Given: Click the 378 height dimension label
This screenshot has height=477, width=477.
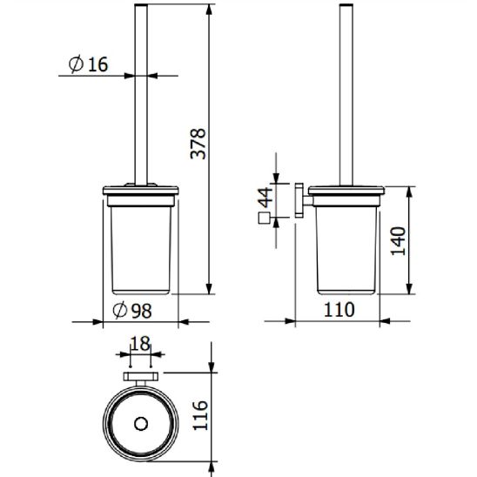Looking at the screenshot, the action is (198, 144).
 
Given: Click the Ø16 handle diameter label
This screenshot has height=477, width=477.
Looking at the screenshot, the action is (88, 64).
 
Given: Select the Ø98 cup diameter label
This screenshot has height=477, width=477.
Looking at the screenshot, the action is (132, 310).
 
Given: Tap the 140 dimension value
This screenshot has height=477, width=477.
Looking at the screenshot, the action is (398, 241).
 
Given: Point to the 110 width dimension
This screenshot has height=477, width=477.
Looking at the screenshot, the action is (339, 310).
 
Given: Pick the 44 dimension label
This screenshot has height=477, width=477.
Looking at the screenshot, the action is (265, 198).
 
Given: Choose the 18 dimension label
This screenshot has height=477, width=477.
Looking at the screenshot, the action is (140, 344).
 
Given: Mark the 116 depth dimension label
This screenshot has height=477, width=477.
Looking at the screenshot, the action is (200, 415).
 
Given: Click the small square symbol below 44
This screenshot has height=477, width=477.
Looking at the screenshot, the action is (264, 218).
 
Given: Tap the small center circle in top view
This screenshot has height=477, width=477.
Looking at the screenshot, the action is (141, 424).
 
